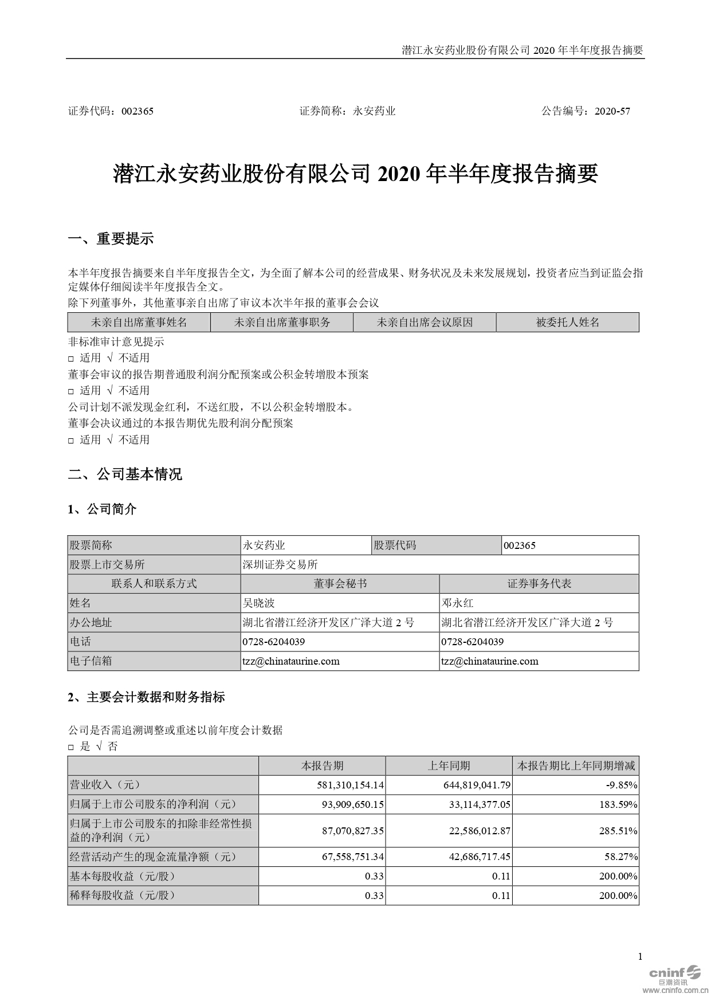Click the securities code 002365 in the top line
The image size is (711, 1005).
click(x=138, y=111)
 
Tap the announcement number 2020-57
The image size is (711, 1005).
click(x=612, y=111)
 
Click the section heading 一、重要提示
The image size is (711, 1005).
click(x=111, y=239)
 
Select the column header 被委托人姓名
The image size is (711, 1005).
click(x=567, y=323)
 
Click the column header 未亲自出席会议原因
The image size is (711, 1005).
click(x=425, y=323)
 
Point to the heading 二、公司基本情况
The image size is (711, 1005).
click(x=125, y=474)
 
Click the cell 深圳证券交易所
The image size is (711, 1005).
click(x=280, y=565)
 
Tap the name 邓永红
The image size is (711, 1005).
click(x=457, y=603)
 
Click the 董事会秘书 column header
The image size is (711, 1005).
click(x=340, y=584)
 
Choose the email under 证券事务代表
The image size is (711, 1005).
click(x=490, y=661)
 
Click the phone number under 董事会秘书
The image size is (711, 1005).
click(x=274, y=642)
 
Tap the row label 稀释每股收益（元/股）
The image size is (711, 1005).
click(x=121, y=896)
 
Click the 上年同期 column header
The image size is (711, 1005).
click(x=449, y=766)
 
